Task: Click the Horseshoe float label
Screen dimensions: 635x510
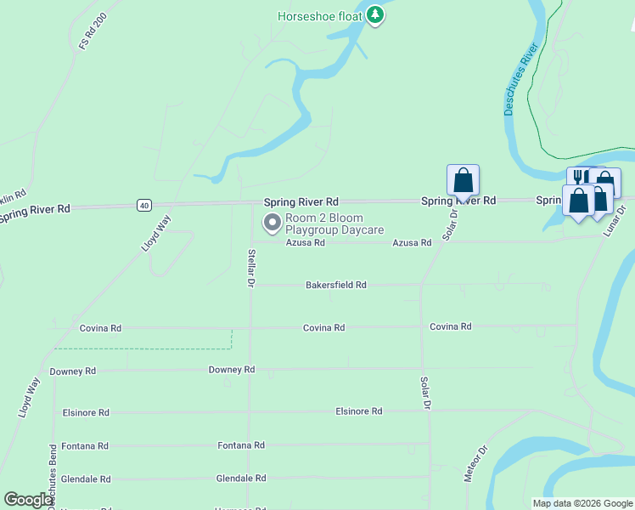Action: (320, 15)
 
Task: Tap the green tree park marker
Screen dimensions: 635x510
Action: (375, 15)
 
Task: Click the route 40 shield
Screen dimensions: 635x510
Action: (143, 205)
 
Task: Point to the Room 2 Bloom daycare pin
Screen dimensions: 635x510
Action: (273, 224)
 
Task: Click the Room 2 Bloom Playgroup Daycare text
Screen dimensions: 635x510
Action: (334, 224)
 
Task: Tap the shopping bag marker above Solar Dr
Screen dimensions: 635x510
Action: (463, 180)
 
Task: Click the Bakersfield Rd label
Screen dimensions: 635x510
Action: (336, 286)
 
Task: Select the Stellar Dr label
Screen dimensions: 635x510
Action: (251, 266)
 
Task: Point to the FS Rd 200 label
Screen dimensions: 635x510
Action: (93, 31)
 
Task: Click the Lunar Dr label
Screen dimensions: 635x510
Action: (620, 220)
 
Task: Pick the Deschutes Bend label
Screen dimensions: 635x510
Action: (53, 472)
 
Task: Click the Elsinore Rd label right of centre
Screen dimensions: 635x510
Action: (359, 411)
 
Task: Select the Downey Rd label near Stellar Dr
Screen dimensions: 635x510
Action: (232, 370)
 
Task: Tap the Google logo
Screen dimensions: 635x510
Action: (29, 500)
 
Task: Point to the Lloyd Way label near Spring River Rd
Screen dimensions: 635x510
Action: (156, 232)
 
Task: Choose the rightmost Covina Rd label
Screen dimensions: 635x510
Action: (450, 326)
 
